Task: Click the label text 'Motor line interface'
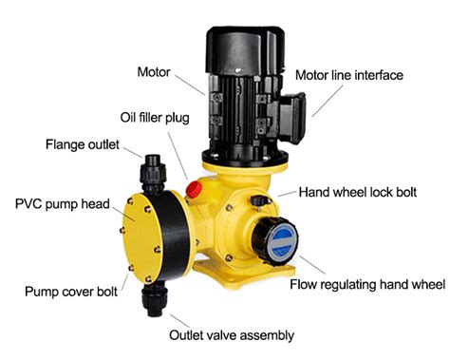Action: (349, 75)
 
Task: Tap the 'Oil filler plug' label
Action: (155, 118)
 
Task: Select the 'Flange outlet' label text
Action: (83, 144)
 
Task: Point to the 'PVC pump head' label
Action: (63, 204)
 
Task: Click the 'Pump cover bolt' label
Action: (71, 292)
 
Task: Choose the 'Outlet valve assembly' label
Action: (232, 335)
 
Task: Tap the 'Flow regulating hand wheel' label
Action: (367, 284)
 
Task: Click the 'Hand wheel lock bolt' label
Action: (358, 192)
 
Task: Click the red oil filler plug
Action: (194, 189)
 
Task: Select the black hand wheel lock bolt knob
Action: (258, 200)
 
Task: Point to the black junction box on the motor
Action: (291, 116)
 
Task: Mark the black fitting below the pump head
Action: (155, 299)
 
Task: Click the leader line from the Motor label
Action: (190, 85)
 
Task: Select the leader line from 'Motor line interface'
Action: (328, 101)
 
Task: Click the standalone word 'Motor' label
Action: (154, 72)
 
